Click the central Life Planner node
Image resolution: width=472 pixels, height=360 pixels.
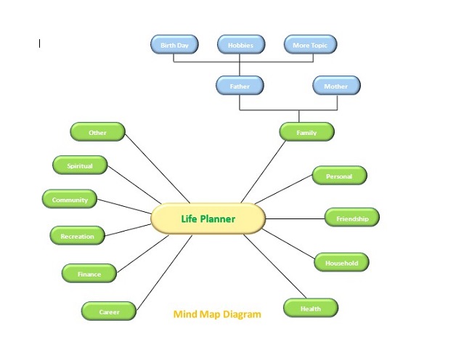coord(208,218)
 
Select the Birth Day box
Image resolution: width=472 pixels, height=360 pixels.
coord(174,44)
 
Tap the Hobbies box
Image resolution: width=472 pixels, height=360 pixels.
coord(241,44)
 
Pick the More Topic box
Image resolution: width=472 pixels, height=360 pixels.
coord(310,44)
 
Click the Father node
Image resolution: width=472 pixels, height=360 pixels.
coord(240,86)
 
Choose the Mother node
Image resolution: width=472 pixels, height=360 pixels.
coord(336,86)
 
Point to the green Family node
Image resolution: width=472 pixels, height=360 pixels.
coord(306,131)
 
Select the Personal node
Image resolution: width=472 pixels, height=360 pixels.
coord(340,176)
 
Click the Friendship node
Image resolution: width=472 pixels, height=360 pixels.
coord(352,218)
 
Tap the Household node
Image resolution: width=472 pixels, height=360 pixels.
coord(342,262)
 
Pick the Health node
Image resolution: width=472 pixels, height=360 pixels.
coord(311,308)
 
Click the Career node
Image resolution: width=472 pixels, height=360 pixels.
coord(109,311)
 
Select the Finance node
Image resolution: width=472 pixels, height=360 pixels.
coord(89,273)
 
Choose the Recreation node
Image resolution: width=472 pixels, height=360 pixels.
coord(78,235)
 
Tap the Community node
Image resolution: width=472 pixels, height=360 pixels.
coord(70,199)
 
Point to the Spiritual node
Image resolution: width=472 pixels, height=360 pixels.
coord(80,165)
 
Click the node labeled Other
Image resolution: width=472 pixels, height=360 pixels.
coord(97,131)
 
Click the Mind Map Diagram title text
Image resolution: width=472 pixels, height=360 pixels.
coord(217,314)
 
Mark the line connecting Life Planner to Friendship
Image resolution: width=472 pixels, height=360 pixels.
coord(295,218)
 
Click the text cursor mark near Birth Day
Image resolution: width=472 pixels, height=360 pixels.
coord(39,44)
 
